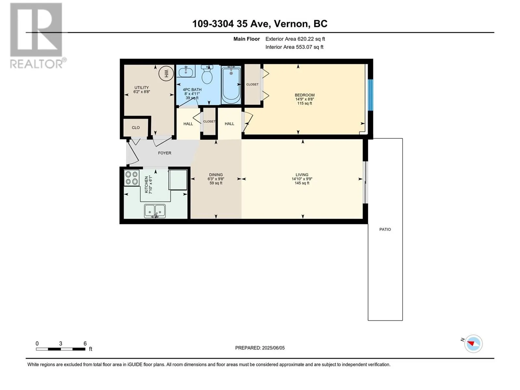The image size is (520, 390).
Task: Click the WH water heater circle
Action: (166, 74)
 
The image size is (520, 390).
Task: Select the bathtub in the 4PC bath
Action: (231, 84)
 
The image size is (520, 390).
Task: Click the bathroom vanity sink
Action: (186, 71)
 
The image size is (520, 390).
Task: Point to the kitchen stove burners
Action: (132, 178)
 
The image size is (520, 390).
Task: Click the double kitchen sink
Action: (155, 211)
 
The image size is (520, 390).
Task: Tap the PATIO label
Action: (385, 229)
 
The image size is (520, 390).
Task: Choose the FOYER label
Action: (165, 153)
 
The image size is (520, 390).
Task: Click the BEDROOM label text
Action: (305, 95)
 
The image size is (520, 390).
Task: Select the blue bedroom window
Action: (370, 95)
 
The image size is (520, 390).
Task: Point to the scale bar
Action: (61, 349)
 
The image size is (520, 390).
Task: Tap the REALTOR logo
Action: (38, 36)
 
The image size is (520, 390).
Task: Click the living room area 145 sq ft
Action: (302, 183)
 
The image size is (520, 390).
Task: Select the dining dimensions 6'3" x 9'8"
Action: (216, 179)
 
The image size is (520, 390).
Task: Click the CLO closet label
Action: (136, 128)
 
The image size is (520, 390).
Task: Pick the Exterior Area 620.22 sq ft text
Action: (295, 39)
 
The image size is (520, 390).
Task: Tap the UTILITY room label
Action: (142, 88)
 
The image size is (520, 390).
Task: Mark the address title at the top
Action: (260, 24)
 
